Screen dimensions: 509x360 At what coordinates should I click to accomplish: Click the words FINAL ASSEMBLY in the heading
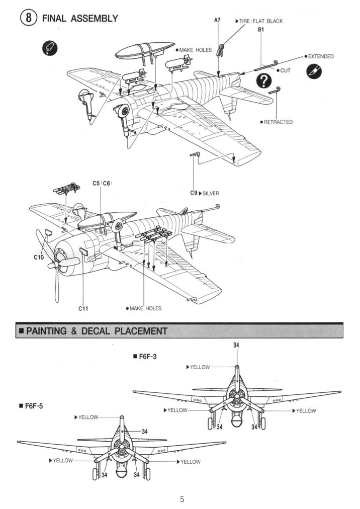(x=80, y=19)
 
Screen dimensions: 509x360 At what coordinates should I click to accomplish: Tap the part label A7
(x=217, y=20)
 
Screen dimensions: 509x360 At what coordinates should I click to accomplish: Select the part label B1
(x=261, y=30)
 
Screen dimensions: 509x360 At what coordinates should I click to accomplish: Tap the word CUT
(x=285, y=70)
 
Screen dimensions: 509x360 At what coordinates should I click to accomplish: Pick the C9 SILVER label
(x=204, y=193)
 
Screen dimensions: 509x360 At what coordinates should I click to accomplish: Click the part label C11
(x=83, y=308)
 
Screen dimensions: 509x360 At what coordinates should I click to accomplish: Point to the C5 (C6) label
(x=102, y=183)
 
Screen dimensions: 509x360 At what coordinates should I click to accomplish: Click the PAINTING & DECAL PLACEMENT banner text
(x=96, y=331)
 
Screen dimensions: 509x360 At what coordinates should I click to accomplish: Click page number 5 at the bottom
(x=182, y=499)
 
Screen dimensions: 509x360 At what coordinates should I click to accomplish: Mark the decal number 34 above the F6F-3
(x=236, y=345)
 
